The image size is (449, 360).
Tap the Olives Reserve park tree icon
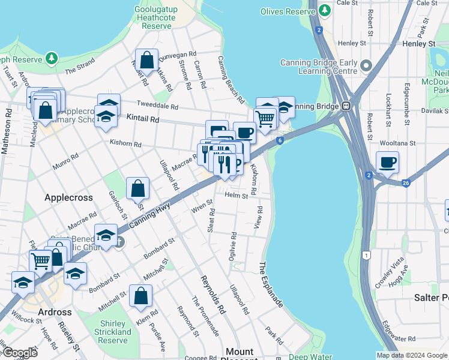[x=325, y=11]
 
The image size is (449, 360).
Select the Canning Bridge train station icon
[x=346, y=106]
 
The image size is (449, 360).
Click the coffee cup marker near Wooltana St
[x=387, y=162]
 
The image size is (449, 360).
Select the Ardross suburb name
[x=55, y=312]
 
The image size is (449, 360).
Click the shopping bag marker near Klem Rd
[x=140, y=296]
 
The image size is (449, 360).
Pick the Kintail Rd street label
[x=142, y=119]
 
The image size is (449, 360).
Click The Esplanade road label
[x=271, y=286]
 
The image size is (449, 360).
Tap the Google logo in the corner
[x=20, y=353]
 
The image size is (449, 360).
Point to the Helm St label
[x=236, y=196]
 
